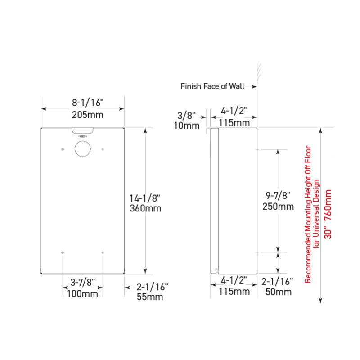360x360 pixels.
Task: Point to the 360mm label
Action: (x=144, y=209)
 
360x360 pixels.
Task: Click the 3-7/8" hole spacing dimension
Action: (x=82, y=282)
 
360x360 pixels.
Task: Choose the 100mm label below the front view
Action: (x=82, y=294)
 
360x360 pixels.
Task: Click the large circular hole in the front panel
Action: (x=82, y=148)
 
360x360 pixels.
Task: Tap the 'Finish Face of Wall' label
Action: (x=212, y=86)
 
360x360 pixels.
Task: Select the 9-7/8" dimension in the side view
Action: (x=279, y=195)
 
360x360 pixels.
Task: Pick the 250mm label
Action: (x=279, y=207)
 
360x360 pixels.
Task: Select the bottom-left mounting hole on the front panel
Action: (x=63, y=252)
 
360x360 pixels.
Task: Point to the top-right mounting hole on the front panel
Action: (x=103, y=149)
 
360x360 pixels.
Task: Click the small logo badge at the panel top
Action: (x=82, y=136)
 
